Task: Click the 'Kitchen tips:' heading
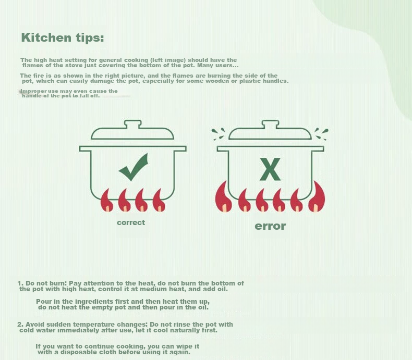click(63, 38)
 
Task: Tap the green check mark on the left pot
click(134, 168)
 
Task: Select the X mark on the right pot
click(270, 169)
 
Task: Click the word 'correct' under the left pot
click(131, 222)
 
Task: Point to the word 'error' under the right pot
click(270, 226)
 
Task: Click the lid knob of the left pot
click(132, 124)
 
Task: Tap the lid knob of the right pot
click(270, 124)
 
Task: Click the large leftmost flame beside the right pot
click(223, 197)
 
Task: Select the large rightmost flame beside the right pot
click(317, 197)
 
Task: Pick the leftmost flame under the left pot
click(106, 201)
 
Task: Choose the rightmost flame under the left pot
click(159, 201)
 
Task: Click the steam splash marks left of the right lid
click(219, 134)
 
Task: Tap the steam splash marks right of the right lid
click(321, 134)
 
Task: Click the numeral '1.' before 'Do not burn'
click(20, 283)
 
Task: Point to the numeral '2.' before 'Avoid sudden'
click(20, 325)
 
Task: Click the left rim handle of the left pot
click(85, 149)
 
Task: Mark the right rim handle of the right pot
click(318, 149)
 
